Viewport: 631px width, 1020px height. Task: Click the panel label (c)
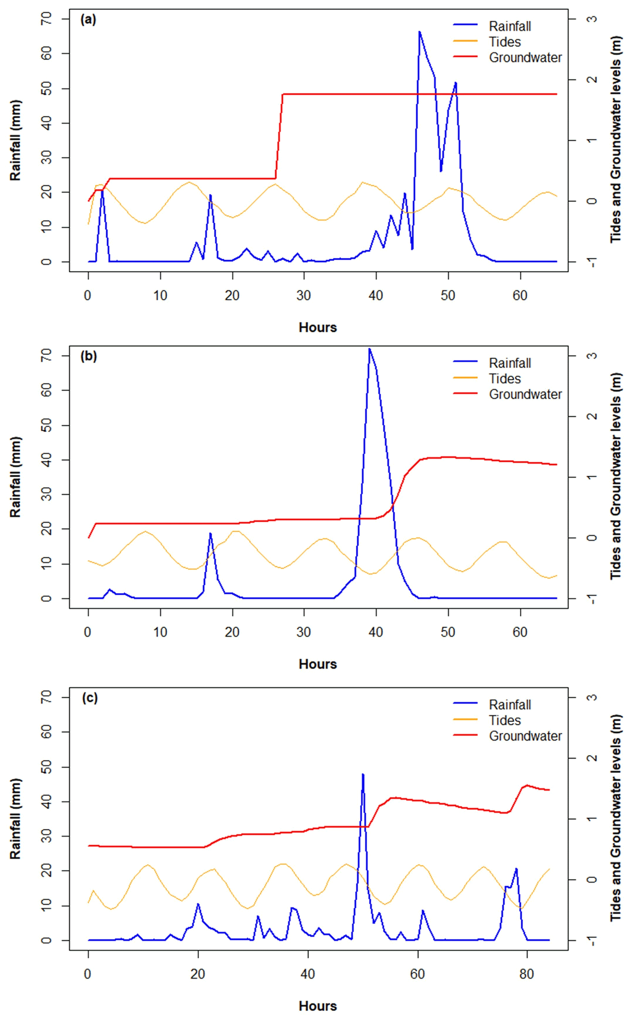click(x=90, y=698)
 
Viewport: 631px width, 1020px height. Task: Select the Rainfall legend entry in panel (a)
click(x=510, y=26)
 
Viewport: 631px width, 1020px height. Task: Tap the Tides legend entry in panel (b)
click(x=505, y=379)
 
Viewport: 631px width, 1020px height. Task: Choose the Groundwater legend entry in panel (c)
click(x=525, y=736)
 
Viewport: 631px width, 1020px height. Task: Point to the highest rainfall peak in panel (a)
click(x=419, y=32)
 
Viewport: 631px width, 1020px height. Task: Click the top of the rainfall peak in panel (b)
click(x=369, y=349)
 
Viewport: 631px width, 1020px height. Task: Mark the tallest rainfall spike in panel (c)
click(x=363, y=774)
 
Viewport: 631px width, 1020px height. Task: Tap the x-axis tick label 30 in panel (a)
click(x=304, y=296)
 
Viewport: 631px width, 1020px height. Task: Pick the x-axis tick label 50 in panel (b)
click(x=448, y=632)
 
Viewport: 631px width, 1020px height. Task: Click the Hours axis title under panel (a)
click(x=317, y=327)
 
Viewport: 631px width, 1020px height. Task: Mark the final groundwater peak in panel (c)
click(x=527, y=785)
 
